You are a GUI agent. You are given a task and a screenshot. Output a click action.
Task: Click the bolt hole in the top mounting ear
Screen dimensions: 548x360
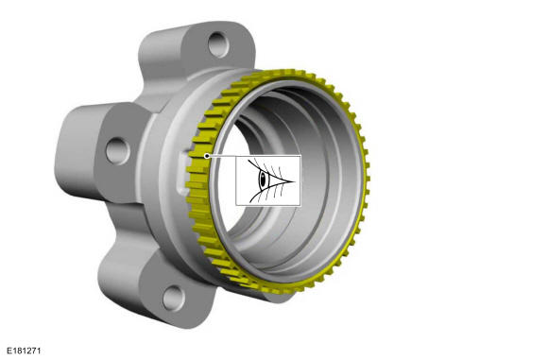click(218, 44)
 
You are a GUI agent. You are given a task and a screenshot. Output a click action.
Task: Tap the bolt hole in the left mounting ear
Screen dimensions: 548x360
click(118, 151)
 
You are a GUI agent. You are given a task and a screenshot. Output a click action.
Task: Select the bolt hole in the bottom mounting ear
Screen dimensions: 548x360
click(174, 299)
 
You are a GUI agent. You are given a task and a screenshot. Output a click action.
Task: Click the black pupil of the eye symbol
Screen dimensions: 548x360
click(263, 180)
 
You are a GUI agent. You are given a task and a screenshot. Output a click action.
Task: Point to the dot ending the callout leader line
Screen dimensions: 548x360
click(207, 156)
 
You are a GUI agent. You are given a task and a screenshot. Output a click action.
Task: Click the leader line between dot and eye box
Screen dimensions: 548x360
click(223, 156)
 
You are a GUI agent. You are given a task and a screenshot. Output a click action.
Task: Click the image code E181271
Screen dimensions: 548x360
click(25, 351)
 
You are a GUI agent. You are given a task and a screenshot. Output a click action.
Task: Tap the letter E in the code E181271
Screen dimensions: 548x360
click(9, 351)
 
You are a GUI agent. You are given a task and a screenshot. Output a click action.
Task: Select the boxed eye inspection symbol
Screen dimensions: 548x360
click(268, 180)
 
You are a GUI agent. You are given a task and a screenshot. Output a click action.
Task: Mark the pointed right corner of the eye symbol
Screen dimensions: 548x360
click(295, 181)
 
